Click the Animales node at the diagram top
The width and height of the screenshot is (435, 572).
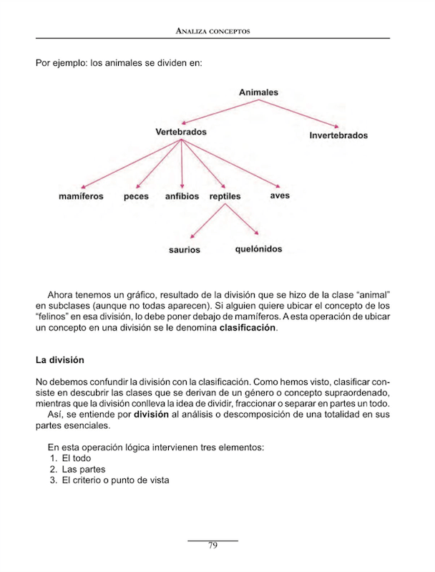click(258, 92)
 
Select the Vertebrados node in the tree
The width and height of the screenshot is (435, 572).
click(181, 132)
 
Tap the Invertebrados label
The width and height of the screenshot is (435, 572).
click(338, 135)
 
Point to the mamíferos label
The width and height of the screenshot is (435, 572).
click(81, 196)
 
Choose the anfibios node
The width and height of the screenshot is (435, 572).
click(182, 196)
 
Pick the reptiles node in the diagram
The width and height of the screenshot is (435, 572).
click(225, 196)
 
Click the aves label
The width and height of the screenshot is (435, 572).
click(280, 195)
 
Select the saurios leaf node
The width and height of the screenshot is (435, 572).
click(185, 250)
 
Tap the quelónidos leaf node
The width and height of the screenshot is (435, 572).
click(258, 249)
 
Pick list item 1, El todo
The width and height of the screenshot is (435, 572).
click(76, 457)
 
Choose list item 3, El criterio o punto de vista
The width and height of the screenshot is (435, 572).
click(115, 480)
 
